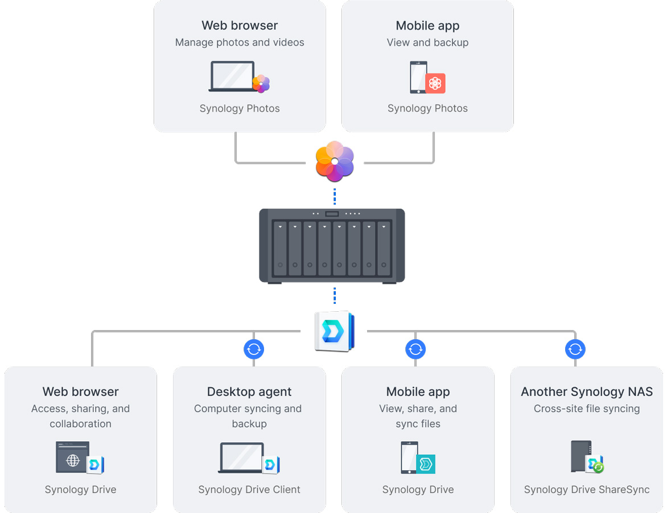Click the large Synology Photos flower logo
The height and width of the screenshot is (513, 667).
335,161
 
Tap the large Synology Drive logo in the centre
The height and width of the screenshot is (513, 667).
334,332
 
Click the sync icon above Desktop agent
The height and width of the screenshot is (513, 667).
254,349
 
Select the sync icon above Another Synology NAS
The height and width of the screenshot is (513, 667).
575,349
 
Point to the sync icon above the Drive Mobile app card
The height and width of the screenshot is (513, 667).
415,349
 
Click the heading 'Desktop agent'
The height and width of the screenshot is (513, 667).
249,392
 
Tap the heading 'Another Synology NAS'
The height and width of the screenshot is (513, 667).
587,392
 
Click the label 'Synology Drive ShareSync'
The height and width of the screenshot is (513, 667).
587,490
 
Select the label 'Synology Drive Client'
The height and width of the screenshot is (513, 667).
249,490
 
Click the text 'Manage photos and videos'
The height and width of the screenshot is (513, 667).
240,43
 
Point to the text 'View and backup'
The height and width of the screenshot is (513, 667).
427,43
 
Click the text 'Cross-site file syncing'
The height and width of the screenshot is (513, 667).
587,409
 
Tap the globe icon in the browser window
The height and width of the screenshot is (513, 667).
73,461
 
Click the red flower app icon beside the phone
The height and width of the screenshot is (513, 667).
435,83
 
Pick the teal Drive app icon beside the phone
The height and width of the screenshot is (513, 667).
425,464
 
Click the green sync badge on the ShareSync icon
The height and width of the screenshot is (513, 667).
599,468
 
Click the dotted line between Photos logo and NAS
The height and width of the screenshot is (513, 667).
335,197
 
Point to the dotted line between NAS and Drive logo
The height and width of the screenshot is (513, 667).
335,295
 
